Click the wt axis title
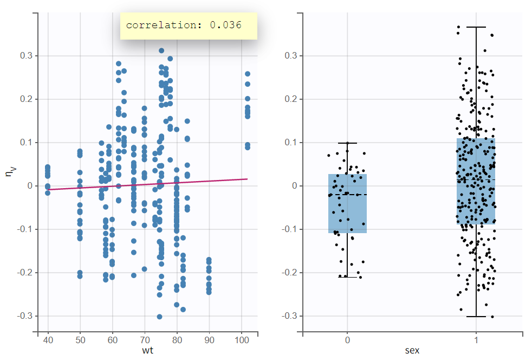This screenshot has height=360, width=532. pyautogui.click(x=147, y=350)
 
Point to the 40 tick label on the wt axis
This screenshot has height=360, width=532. pyautogui.click(x=48, y=340)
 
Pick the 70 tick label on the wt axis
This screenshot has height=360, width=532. pyautogui.click(x=145, y=340)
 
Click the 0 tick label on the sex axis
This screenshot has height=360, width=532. pyautogui.click(x=347, y=340)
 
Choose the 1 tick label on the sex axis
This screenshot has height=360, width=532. pyautogui.click(x=476, y=340)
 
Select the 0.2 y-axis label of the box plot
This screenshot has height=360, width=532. pyautogui.click(x=290, y=99)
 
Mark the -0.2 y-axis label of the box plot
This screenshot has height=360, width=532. pyautogui.click(x=289, y=272)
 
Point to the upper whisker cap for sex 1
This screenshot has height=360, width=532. pyautogui.click(x=476, y=27)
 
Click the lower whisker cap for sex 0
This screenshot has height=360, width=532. pyautogui.click(x=347, y=277)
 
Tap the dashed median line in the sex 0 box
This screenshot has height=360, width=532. pyautogui.click(x=347, y=194)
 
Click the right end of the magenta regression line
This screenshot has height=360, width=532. pyautogui.click(x=247, y=179)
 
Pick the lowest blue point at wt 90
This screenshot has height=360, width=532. pyautogui.click(x=209, y=292)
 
